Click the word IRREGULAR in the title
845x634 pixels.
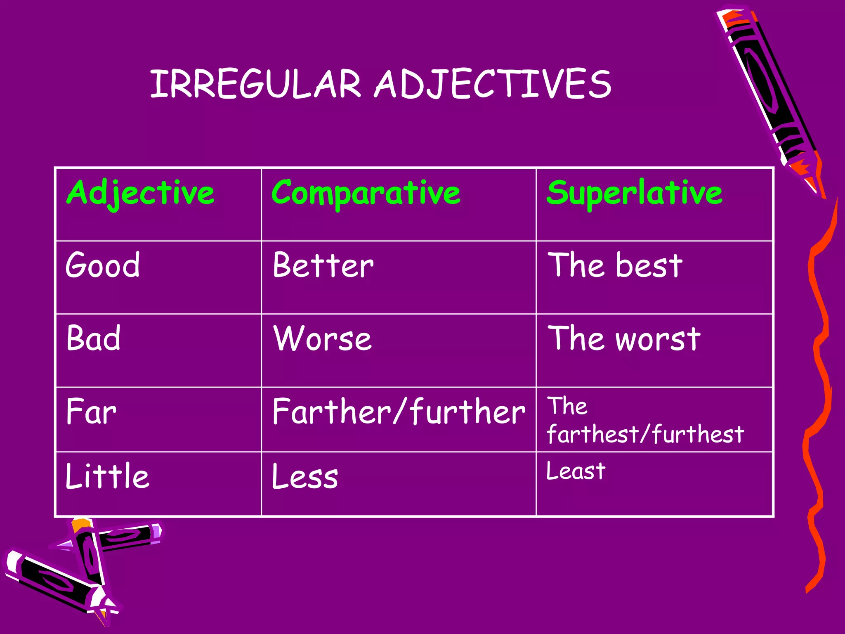[255, 84]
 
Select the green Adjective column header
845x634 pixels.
[140, 193]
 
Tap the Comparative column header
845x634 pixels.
[366, 193]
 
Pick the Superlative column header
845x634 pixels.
[634, 193]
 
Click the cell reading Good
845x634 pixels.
[103, 265]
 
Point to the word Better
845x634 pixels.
[323, 265]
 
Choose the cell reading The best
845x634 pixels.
[614, 265]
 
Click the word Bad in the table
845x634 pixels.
[94, 338]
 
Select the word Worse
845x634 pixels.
[322, 339]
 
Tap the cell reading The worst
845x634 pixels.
[623, 339]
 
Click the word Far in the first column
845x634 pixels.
[91, 412]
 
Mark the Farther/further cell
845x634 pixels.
[399, 412]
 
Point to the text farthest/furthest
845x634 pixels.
[645, 434]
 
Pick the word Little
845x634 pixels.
[107, 476]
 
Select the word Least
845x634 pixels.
[576, 471]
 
